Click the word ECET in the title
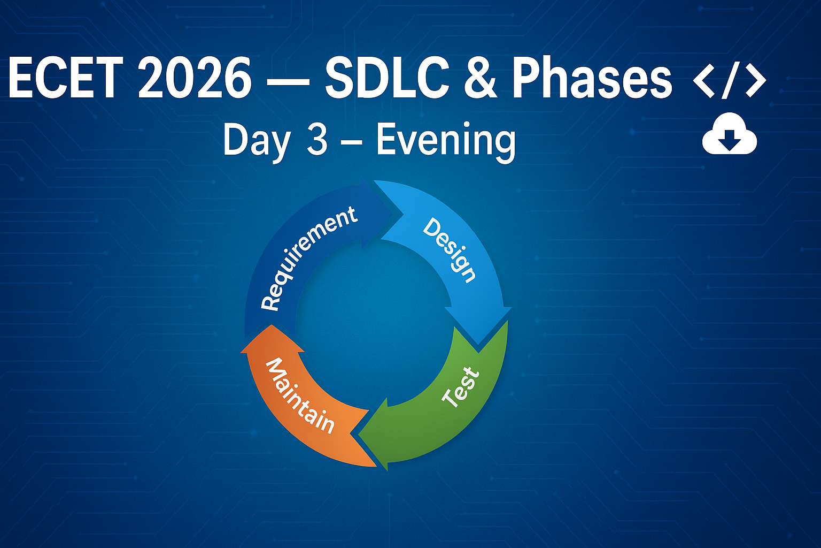pyautogui.click(x=66, y=78)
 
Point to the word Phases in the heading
pyautogui.click(x=592, y=78)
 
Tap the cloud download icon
pyautogui.click(x=730, y=133)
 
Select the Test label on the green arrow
pyautogui.click(x=461, y=387)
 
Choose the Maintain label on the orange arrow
pyautogui.click(x=299, y=396)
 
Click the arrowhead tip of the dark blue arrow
pyautogui.click(x=403, y=214)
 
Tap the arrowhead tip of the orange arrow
pyautogui.click(x=272, y=325)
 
